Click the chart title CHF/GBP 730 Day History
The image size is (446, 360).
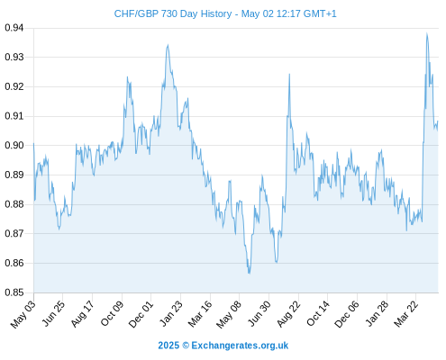[173, 13]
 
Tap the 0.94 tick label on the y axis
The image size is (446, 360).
[14, 28]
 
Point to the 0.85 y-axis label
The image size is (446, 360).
[14, 292]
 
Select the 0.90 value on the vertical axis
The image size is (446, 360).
[14, 145]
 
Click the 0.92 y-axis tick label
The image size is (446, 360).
[14, 86]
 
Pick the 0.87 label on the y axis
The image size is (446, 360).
[14, 233]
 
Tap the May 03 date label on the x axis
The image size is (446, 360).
[23, 314]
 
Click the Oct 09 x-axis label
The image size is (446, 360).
[112, 313]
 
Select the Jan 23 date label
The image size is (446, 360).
[171, 313]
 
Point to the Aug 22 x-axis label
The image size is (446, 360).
[289, 313]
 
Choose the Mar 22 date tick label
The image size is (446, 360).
[406, 313]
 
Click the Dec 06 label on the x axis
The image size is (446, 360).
[347, 314]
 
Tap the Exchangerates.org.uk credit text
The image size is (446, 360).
[240, 346]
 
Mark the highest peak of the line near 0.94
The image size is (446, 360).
[427, 33]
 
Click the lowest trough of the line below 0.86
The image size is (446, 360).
[249, 274]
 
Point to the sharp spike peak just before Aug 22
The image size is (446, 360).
[289, 74]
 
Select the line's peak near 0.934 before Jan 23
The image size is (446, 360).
[168, 45]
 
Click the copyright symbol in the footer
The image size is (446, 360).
[186, 346]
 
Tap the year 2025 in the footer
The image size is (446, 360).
[168, 346]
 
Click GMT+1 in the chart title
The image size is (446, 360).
[320, 13]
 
